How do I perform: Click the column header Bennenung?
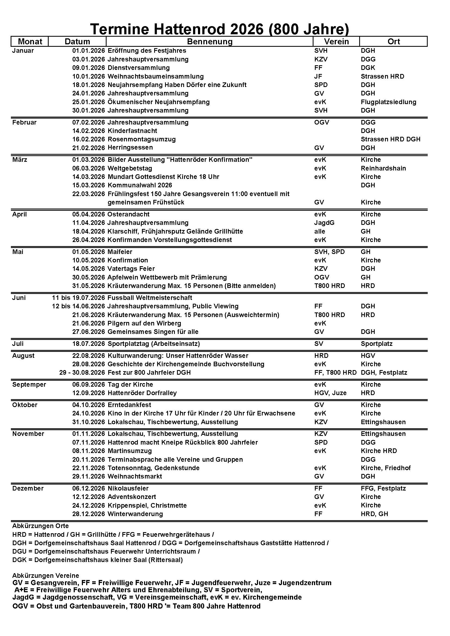(x=209, y=42)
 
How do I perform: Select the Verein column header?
(x=336, y=42)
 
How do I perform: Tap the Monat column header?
(x=30, y=42)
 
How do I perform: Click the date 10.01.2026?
(x=89, y=76)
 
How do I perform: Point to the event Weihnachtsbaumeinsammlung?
(x=156, y=76)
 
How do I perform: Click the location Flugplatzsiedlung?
(x=388, y=102)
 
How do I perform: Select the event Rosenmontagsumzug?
(x=142, y=139)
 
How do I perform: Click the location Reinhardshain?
(x=383, y=168)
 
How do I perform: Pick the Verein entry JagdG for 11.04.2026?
(x=324, y=223)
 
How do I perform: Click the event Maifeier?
(x=120, y=252)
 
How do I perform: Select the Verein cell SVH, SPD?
(x=330, y=252)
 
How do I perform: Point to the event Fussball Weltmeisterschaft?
(x=150, y=298)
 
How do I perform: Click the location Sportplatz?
(x=377, y=344)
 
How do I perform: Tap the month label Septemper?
(x=29, y=385)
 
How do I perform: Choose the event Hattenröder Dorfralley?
(x=142, y=393)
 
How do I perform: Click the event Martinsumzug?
(x=130, y=451)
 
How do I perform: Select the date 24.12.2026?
(x=89, y=505)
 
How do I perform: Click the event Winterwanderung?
(x=135, y=514)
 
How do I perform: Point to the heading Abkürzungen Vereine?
(x=46, y=576)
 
